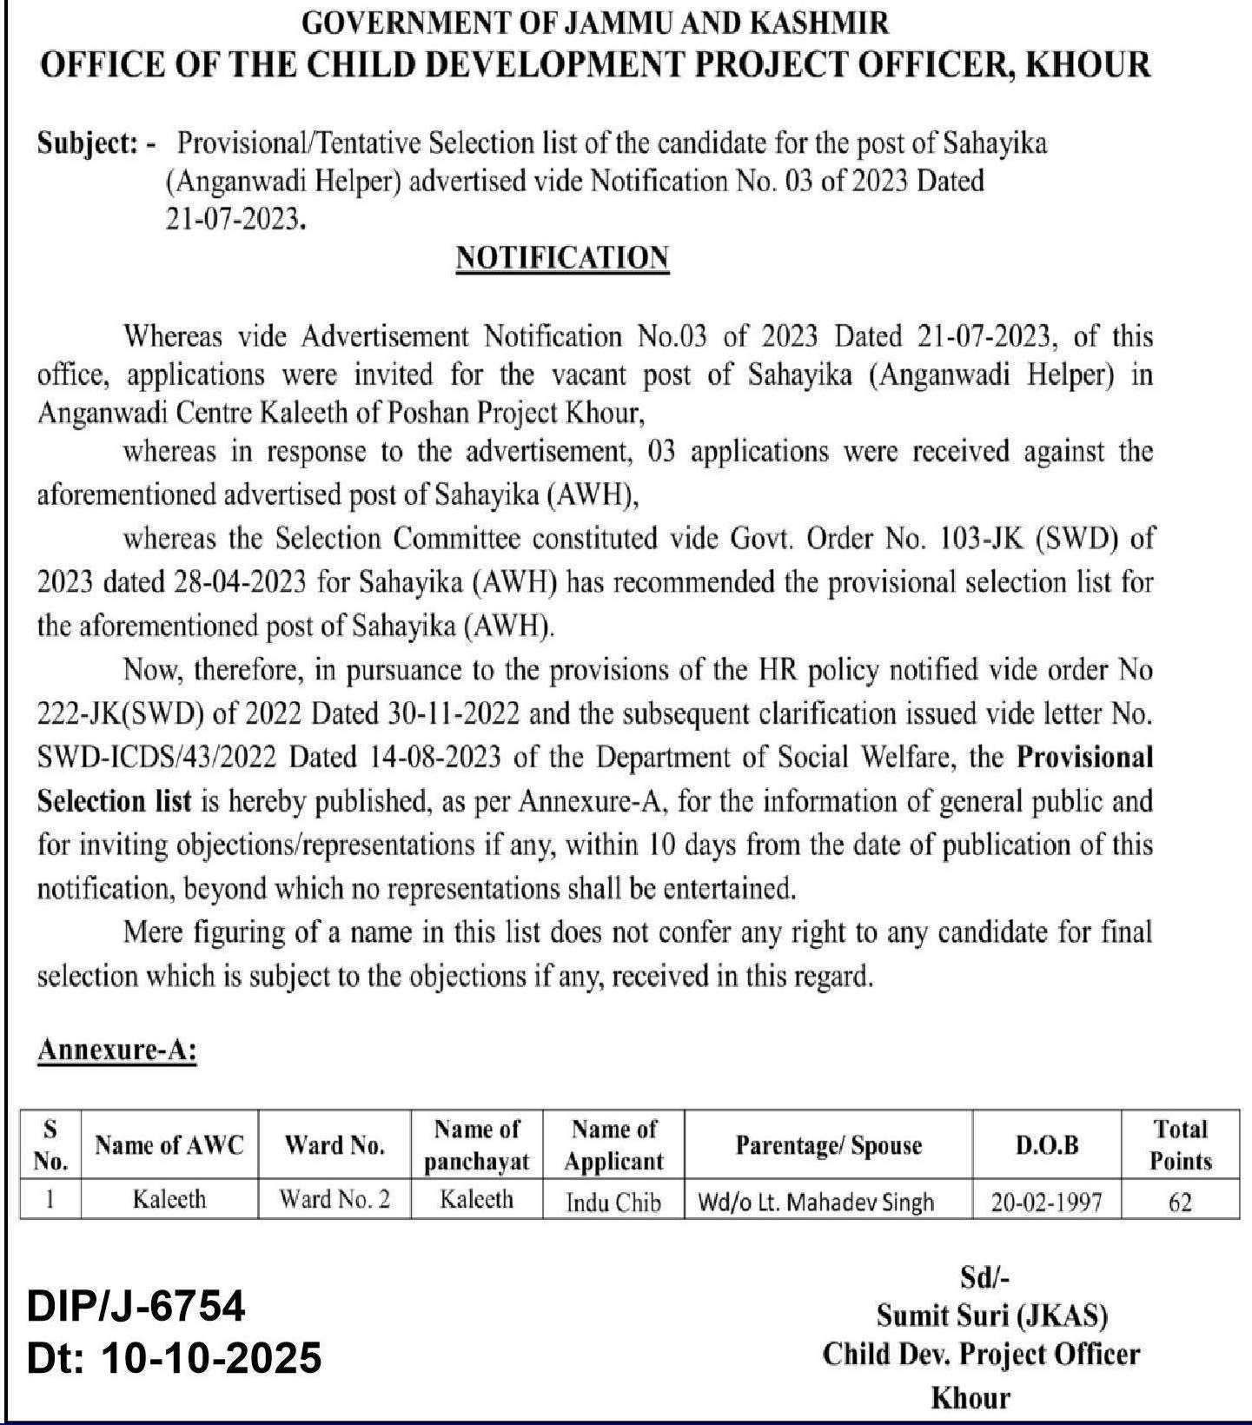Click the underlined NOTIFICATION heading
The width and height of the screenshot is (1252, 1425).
562,258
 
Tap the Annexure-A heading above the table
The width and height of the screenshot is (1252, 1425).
116,1051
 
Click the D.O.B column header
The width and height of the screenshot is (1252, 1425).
1047,1145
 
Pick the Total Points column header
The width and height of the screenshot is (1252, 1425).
1180,1144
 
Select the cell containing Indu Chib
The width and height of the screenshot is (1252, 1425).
613,1202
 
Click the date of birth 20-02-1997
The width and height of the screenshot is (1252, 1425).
1047,1202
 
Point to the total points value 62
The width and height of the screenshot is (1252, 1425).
1180,1202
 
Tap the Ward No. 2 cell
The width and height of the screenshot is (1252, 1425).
335,1200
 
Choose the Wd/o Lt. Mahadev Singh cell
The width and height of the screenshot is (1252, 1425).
816,1202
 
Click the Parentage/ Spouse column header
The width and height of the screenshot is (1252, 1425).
828,1145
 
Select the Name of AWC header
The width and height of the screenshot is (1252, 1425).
169,1145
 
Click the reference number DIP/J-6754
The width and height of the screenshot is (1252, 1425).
136,1307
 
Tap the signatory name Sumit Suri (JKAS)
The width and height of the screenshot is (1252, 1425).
991,1316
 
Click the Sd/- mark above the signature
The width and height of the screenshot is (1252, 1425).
984,1277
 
